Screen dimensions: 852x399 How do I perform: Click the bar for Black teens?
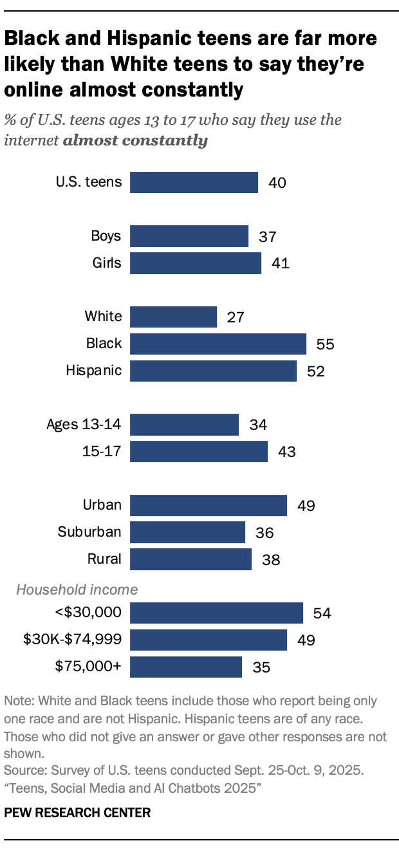[218, 344]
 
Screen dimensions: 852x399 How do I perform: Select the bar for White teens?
[173, 317]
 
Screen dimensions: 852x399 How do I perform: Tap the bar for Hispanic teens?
[213, 371]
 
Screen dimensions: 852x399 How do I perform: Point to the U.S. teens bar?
[194, 182]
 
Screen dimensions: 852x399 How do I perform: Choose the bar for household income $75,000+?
[186, 667]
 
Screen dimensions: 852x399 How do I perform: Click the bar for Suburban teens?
[187, 532]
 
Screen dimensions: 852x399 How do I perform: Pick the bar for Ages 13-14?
[184, 425]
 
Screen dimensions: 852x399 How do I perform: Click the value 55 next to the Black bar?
[325, 344]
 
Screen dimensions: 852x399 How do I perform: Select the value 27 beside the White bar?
[236, 317]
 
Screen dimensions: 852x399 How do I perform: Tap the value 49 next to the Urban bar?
[306, 506]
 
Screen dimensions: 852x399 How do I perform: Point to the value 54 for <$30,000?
[322, 613]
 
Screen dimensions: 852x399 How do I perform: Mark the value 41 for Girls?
[280, 264]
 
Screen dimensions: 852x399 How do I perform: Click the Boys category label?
[106, 236]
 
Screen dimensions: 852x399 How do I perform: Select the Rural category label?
[104, 559]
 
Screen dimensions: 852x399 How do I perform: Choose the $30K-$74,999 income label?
[72, 640]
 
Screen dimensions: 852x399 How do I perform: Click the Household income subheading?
[77, 589]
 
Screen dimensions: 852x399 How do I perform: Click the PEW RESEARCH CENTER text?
[77, 813]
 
